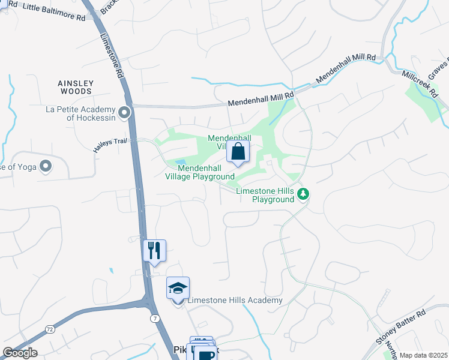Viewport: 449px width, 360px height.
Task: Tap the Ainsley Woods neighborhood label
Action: (75, 87)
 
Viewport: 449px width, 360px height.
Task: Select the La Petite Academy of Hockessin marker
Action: (124, 112)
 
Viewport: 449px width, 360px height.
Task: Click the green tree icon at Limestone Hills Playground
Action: (304, 193)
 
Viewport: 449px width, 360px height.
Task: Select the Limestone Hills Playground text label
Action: (264, 195)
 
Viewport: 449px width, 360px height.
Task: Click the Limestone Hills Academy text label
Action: (235, 300)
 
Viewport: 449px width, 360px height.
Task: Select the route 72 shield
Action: (49, 329)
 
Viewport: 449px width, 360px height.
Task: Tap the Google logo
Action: (20, 353)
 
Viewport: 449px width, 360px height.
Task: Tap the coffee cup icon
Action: (206, 355)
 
